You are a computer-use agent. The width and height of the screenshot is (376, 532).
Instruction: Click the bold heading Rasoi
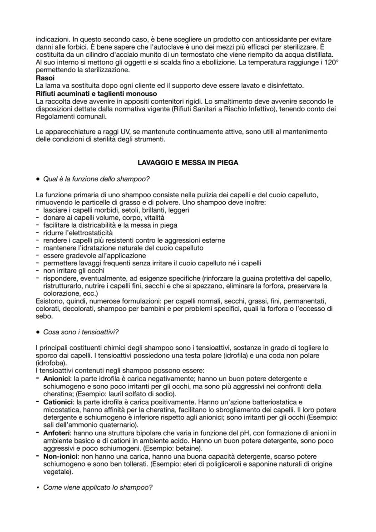tap(45, 78)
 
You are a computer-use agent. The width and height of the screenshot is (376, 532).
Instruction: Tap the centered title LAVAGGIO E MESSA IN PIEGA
tap(188, 163)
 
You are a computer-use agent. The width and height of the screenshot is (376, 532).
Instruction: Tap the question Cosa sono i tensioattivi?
tap(82, 332)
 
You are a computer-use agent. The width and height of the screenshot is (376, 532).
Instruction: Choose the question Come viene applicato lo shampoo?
tap(97, 487)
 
